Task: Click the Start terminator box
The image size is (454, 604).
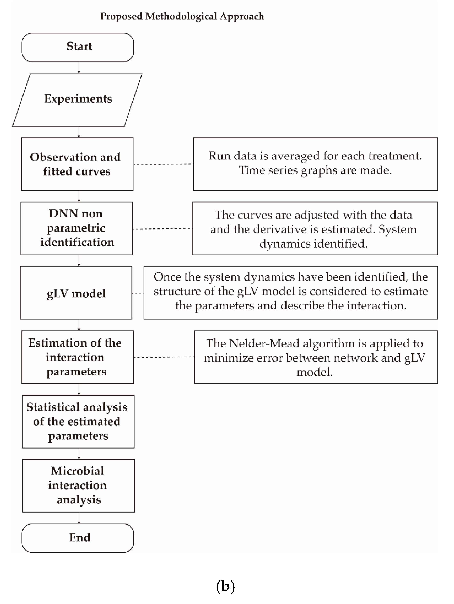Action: pos(78,47)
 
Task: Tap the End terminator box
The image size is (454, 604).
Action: pos(78,538)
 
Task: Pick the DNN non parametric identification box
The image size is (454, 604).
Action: pos(77,228)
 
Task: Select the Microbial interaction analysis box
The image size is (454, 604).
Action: pos(78,485)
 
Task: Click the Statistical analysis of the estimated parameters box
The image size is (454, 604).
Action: pos(78,421)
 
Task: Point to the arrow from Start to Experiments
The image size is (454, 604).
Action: pos(79,67)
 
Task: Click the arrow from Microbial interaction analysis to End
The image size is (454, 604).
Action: pos(79,518)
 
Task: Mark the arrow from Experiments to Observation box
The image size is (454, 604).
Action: pos(79,132)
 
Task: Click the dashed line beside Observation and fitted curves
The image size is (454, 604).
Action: pos(163,164)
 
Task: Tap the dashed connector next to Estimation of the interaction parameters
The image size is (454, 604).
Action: pos(164,357)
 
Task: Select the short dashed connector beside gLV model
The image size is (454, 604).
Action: pos(138,293)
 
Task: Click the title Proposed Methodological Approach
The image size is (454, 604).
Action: pos(182,16)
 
